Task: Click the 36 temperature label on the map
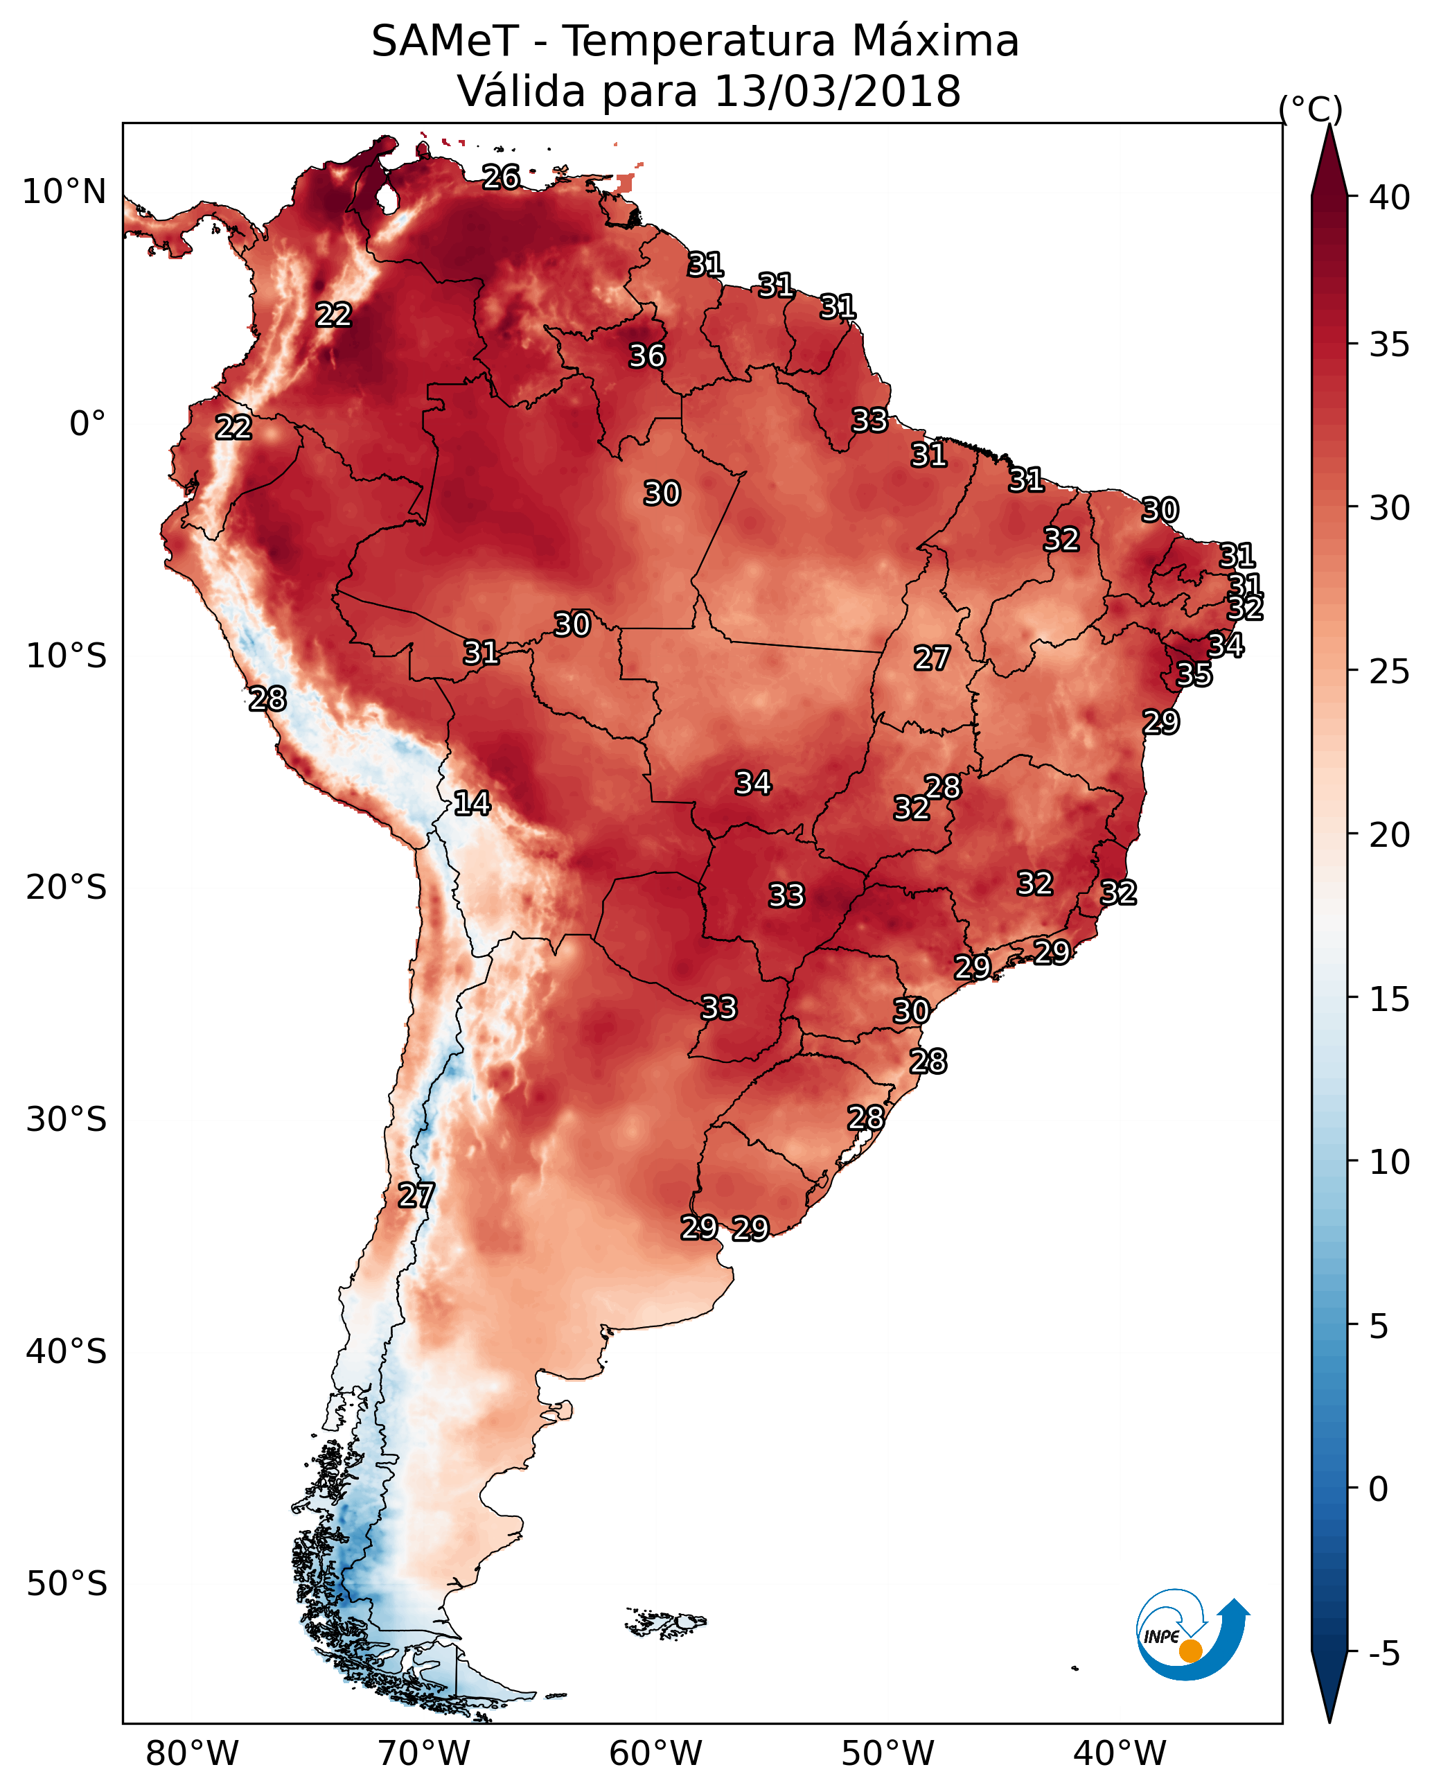coord(646,355)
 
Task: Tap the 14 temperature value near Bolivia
coord(471,803)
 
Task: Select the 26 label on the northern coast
coord(501,177)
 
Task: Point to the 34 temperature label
coord(753,783)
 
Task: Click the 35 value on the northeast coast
coord(1194,675)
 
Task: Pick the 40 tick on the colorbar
coord(1390,197)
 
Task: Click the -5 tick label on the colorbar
coord(1384,1653)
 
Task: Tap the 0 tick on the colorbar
coord(1378,1488)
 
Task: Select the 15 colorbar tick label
coord(1390,999)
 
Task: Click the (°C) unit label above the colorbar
coord(1311,109)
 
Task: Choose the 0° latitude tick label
coord(87,424)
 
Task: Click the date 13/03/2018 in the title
coord(837,91)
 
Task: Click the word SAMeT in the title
coord(445,42)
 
